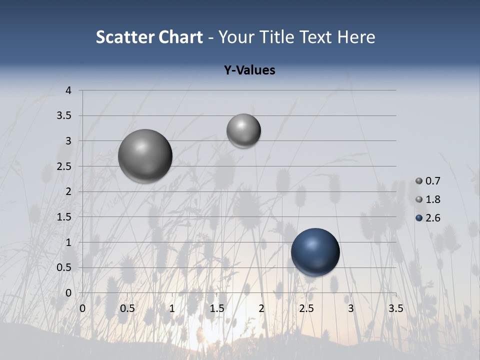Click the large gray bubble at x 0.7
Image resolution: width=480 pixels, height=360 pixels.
(145, 156)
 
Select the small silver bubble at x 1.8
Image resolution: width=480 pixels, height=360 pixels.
(243, 130)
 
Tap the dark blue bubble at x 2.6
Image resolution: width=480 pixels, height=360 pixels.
(315, 252)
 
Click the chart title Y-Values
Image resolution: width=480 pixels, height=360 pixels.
(249, 70)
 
